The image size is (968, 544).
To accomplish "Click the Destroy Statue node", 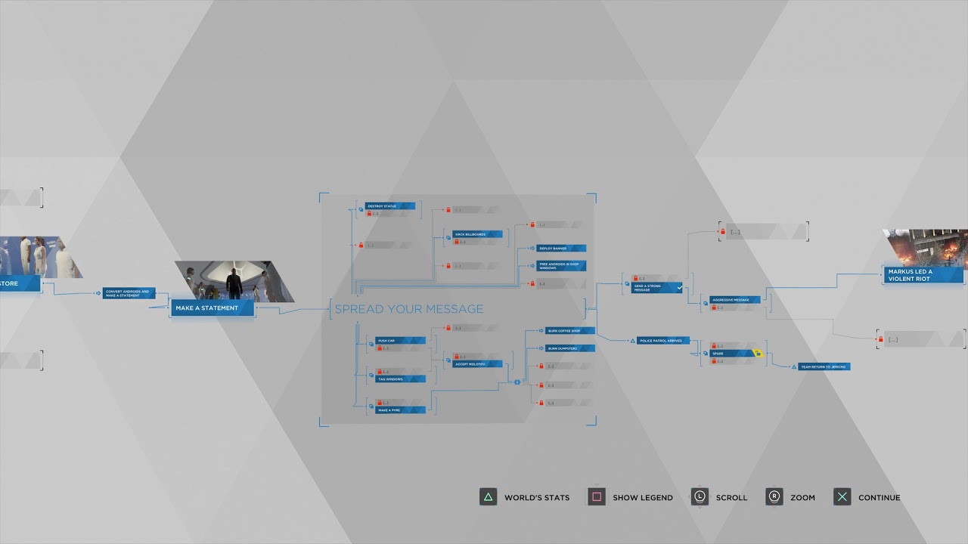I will point(389,206).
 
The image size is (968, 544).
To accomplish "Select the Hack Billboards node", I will point(476,234).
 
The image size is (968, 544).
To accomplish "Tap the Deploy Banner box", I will point(561,248).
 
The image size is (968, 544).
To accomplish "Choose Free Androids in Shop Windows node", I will point(561,265).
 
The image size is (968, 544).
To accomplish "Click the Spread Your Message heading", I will point(408,308).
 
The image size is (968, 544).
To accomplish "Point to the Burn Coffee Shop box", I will point(569,330).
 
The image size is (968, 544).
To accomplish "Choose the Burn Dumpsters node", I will point(569,348).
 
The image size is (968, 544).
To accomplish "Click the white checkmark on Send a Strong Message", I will point(679,288).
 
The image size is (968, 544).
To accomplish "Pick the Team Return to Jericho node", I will point(824,366).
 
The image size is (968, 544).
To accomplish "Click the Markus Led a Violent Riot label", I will point(923,274).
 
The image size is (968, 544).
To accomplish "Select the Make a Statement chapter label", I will point(212,308).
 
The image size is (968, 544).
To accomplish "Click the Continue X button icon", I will point(842,497).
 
